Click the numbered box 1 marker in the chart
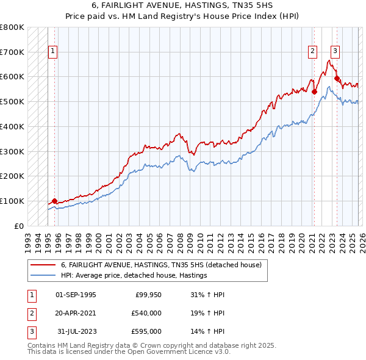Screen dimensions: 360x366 (x=54, y=52)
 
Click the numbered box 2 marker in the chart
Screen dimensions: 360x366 (x=312, y=52)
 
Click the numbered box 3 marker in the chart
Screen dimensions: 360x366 (x=335, y=52)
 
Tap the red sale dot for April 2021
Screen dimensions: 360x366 (x=315, y=92)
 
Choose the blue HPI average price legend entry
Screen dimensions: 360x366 (x=134, y=275)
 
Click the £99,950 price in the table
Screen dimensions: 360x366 (x=147, y=294)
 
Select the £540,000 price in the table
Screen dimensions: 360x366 (x=147, y=313)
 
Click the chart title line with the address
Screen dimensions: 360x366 (x=183, y=5)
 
